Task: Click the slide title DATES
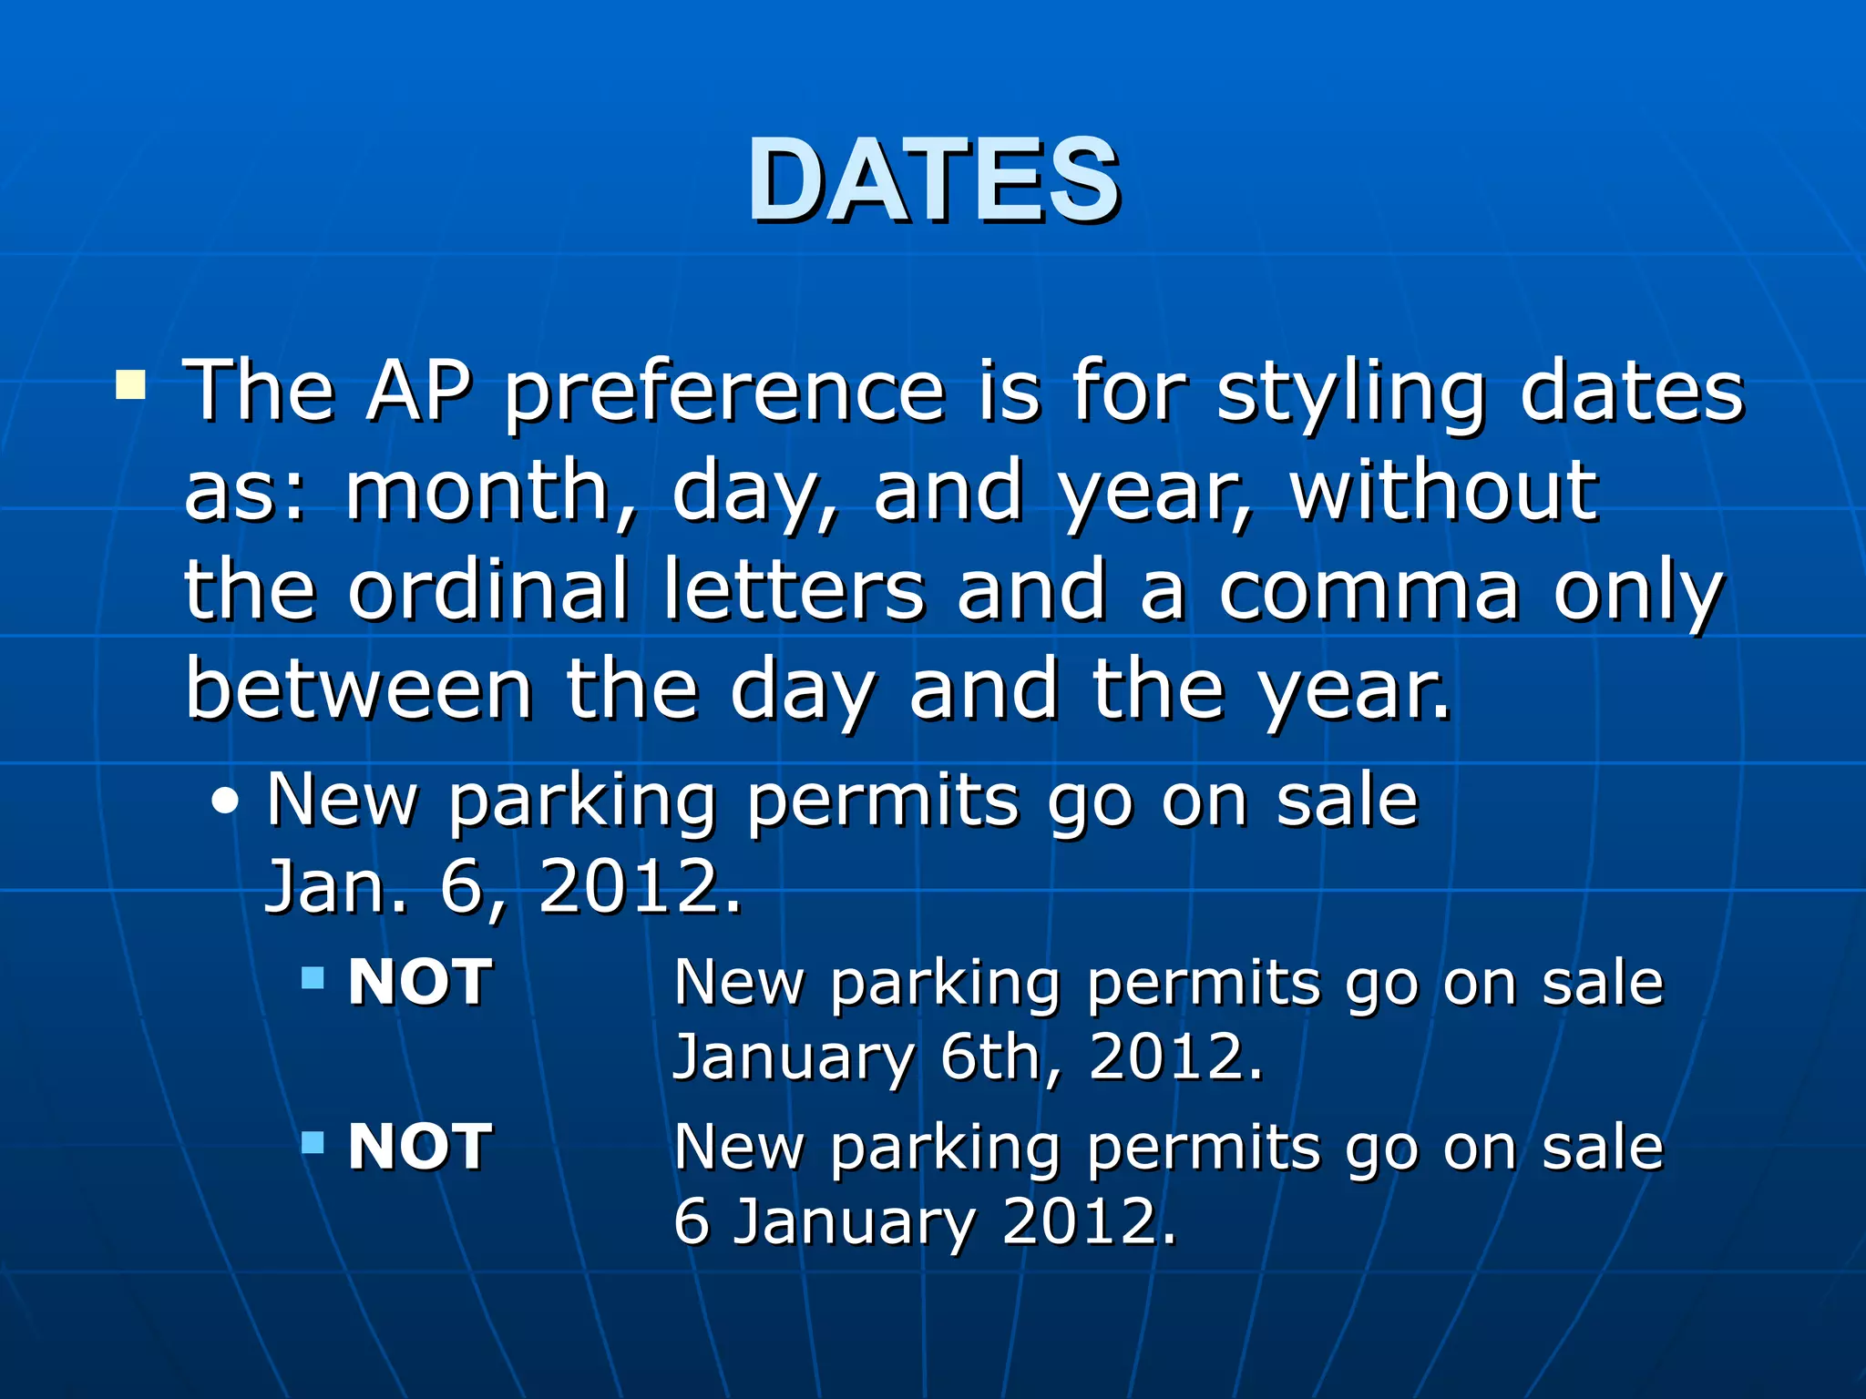pyautogui.click(x=933, y=179)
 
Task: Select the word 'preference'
pyautogui.click(x=724, y=393)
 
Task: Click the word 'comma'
pyautogui.click(x=1369, y=592)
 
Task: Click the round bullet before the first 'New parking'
pyautogui.click(x=225, y=802)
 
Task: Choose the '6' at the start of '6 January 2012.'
pyautogui.click(x=691, y=1222)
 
